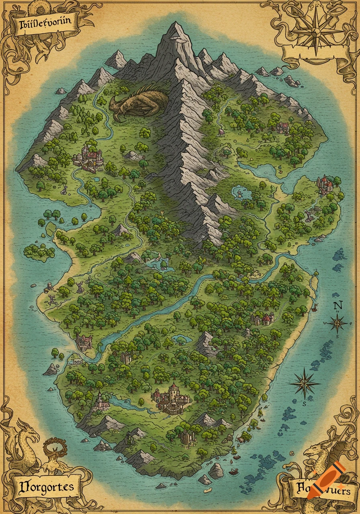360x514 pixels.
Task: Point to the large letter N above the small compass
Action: point(337,305)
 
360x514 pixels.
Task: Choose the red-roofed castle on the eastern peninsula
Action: point(326,184)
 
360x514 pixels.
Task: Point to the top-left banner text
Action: point(43,23)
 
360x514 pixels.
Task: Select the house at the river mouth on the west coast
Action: point(84,342)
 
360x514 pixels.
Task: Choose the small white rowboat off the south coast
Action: point(207,490)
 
